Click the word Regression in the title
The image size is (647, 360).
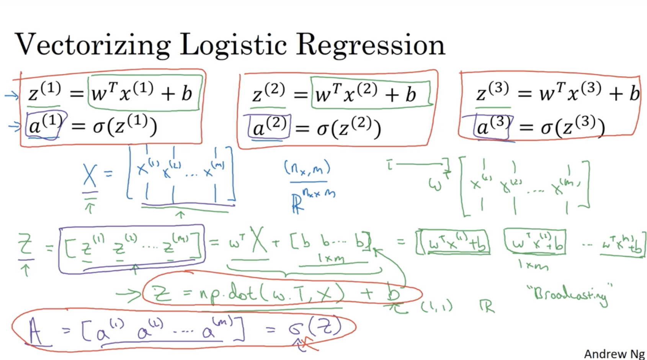pyautogui.click(x=371, y=45)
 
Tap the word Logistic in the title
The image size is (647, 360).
pyautogui.click(x=233, y=45)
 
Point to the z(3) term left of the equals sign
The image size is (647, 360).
pyautogui.click(x=492, y=93)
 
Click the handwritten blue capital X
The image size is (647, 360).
pyautogui.click(x=90, y=177)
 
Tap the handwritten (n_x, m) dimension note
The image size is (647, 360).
pyautogui.click(x=307, y=169)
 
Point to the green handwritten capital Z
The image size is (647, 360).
pyautogui.click(x=25, y=245)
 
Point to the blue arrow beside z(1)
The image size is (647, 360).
pyautogui.click(x=11, y=96)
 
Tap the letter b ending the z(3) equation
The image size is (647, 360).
pyautogui.click(x=634, y=93)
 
